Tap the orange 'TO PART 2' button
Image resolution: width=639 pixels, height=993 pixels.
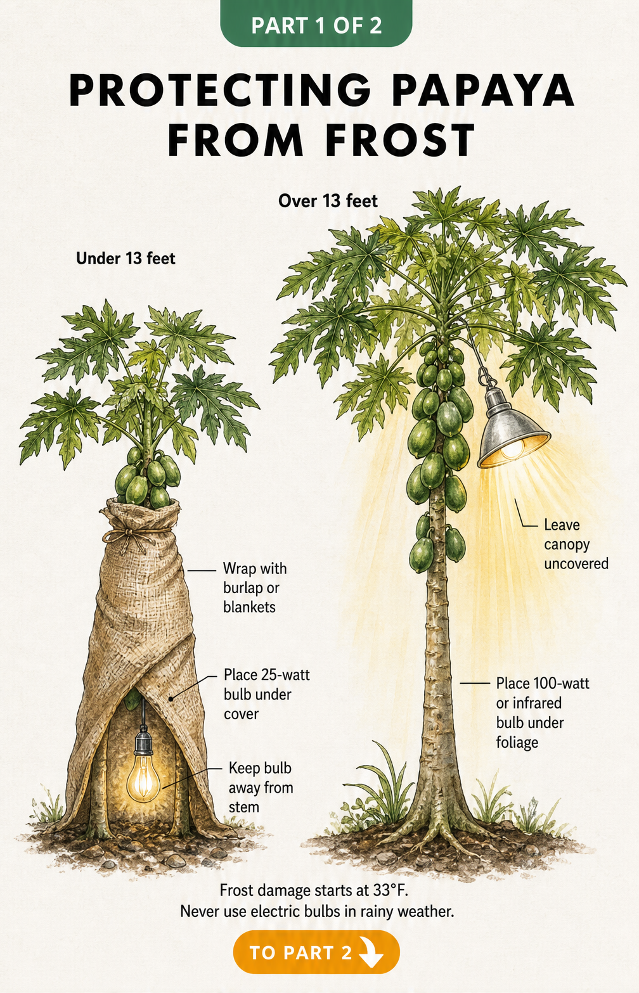click(316, 952)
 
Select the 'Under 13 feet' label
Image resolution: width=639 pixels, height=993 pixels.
click(126, 259)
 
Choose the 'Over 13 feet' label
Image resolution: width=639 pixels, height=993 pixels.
click(328, 201)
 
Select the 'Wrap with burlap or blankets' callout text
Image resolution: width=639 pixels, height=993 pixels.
click(255, 587)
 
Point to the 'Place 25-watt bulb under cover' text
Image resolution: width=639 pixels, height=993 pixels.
click(266, 695)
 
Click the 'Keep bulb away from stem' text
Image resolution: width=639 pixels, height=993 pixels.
click(261, 787)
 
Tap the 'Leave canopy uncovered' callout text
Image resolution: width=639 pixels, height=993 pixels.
click(576, 544)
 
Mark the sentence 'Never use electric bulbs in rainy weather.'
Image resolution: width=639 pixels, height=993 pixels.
click(317, 911)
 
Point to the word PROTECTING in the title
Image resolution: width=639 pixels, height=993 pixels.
click(219, 91)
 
